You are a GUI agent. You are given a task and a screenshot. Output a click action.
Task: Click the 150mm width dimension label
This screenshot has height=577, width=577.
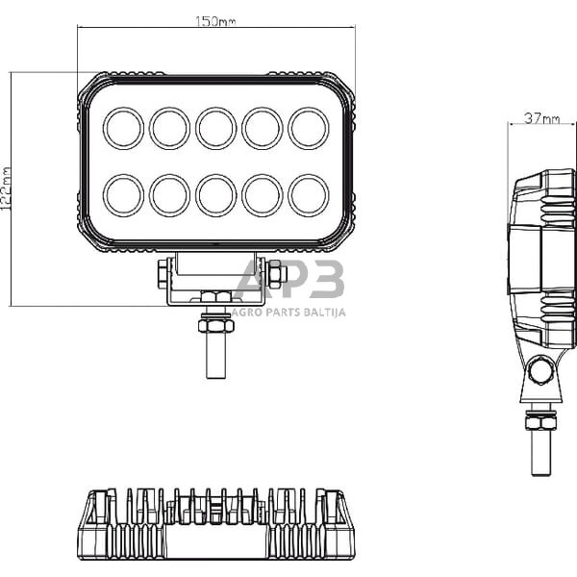216,21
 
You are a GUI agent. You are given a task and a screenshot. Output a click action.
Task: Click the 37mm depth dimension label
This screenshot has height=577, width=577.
541,118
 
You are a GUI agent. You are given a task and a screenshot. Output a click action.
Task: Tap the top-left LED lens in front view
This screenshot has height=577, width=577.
124,128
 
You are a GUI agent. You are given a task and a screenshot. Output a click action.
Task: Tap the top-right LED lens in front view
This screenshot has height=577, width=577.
309,128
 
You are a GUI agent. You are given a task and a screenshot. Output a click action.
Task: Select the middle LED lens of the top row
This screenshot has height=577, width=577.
216,128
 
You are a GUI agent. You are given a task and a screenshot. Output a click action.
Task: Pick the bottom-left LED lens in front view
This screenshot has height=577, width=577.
124,194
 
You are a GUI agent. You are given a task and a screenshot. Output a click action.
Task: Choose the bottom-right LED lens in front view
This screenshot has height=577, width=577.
309,194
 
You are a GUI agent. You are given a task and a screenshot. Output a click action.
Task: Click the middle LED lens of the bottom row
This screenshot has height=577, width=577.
216,194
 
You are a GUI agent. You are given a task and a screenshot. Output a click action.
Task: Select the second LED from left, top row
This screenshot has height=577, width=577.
170,128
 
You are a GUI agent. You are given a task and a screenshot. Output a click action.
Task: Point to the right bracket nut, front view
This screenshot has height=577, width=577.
276,275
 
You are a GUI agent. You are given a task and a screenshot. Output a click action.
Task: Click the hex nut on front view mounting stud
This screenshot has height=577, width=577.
216,326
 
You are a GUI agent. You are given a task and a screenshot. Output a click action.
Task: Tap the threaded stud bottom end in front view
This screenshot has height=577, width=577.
216,370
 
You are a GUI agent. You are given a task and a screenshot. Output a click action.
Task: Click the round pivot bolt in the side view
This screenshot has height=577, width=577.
541,370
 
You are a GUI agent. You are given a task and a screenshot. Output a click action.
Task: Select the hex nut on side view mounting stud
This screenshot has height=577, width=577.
540,420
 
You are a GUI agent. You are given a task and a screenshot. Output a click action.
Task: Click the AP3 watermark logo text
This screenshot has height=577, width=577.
288,281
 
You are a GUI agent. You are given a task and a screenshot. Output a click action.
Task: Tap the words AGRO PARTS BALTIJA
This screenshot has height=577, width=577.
288,312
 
